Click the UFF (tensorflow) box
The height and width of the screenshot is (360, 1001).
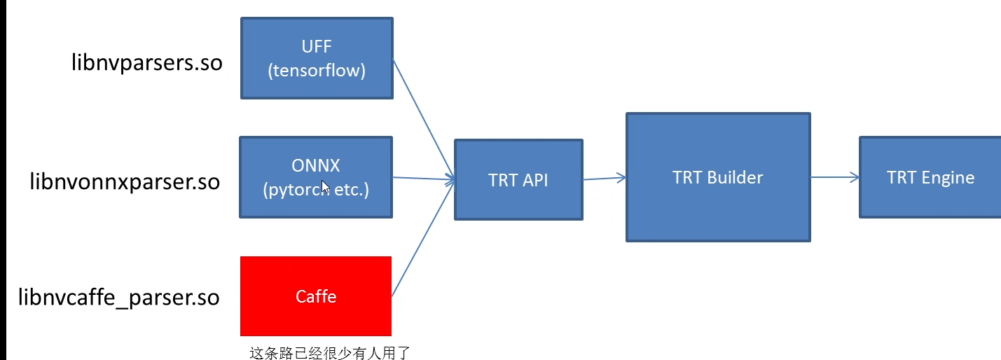tap(317, 58)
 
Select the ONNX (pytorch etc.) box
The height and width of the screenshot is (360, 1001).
tap(316, 177)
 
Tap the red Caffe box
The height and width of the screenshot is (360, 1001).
tap(316, 296)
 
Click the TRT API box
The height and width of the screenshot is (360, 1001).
tap(518, 180)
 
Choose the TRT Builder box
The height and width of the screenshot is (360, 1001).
tap(718, 177)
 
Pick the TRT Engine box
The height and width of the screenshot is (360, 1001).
tap(930, 177)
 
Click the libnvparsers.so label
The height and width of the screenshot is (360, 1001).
tap(147, 63)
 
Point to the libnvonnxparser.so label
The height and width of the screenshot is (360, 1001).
tap(125, 182)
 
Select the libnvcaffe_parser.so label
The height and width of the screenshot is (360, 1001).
tap(119, 298)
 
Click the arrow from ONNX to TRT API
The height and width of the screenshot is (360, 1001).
tap(424, 179)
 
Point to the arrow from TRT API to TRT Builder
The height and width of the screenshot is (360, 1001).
tap(604, 179)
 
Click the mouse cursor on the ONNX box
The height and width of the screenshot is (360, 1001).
tap(325, 188)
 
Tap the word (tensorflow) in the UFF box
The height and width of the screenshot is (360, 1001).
tap(317, 71)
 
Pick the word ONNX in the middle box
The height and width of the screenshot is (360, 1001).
tap(316, 165)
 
